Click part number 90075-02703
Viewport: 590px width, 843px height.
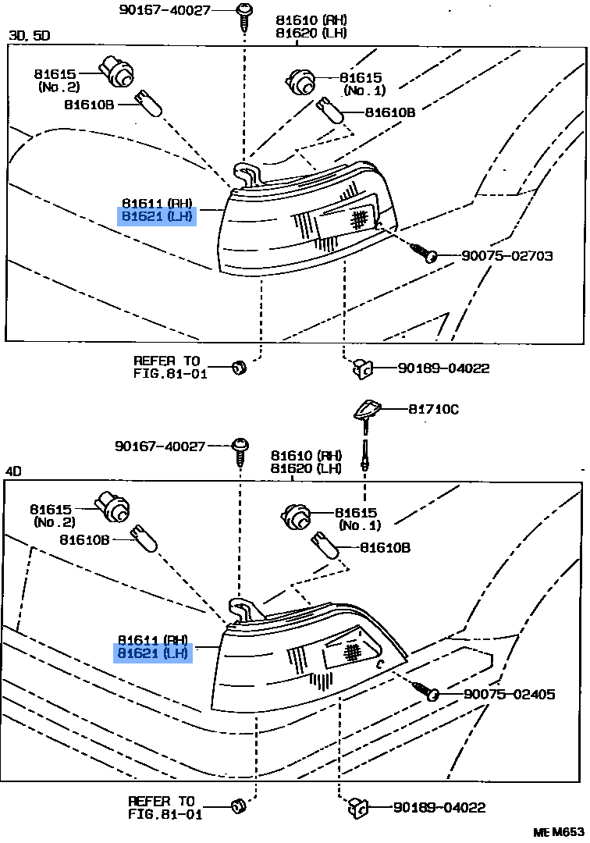(506, 255)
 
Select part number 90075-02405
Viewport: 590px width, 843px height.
(509, 694)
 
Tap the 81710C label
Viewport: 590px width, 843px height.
(433, 409)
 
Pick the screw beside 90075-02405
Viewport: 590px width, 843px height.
(425, 690)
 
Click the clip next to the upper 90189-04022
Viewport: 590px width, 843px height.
(363, 368)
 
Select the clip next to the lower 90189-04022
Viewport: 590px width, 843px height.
(359, 807)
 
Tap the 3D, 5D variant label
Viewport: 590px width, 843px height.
(30, 35)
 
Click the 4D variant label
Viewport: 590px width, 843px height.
(13, 471)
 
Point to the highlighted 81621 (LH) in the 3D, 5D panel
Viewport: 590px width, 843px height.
(156, 217)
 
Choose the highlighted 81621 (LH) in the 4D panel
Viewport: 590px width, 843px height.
(153, 653)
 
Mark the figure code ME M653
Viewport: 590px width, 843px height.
(558, 832)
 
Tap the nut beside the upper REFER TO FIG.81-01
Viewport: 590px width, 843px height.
(239, 368)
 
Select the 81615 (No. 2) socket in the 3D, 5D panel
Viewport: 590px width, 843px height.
(116, 73)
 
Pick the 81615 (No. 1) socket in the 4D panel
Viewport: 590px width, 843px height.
(296, 518)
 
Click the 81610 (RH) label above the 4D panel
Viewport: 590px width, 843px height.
(306, 455)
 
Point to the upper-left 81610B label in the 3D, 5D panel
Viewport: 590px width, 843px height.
(89, 105)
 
